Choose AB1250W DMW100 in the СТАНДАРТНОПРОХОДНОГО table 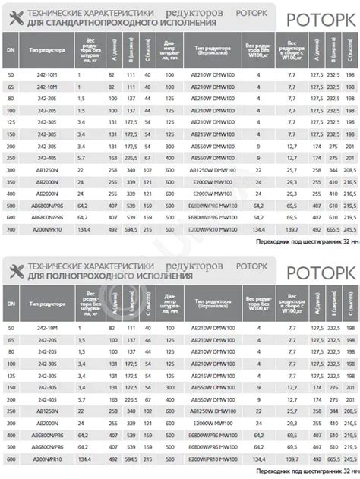click(207, 172)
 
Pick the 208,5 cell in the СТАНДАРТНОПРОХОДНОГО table click(350, 172)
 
